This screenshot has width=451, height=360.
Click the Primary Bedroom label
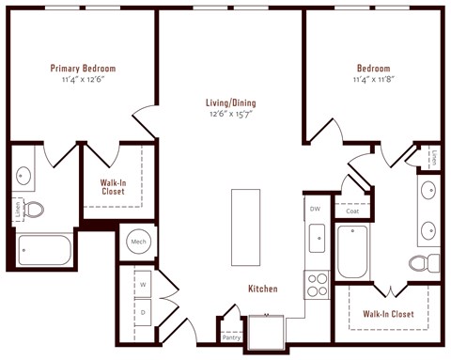coord(84,68)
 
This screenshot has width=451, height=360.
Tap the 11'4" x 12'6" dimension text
coord(84,79)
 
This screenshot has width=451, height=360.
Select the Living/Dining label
coord(231,102)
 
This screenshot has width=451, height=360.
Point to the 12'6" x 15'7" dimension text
coord(231,114)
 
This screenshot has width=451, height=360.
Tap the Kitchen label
coord(262,289)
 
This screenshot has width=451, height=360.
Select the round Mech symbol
coord(139,242)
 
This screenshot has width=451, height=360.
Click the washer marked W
coord(145,282)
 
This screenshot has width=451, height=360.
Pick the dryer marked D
coord(145,309)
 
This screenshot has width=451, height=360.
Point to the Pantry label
coord(231,335)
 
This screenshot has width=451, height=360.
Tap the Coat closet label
coord(352,211)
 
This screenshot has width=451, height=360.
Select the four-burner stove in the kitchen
coord(317,283)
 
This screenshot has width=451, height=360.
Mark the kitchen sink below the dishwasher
coord(316,239)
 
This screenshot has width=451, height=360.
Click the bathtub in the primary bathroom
coord(43,250)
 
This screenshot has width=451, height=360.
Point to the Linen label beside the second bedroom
coord(434,156)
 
